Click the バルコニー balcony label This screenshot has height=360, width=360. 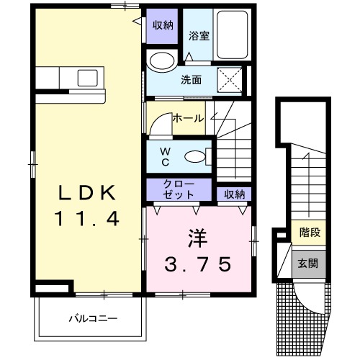tap(92, 318)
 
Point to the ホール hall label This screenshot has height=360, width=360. tap(187, 117)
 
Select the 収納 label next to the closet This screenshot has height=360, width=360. tap(233, 193)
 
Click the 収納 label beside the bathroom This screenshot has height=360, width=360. tap(163, 25)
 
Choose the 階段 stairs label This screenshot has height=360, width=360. tap(309, 233)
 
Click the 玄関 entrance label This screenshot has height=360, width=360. tap(309, 263)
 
